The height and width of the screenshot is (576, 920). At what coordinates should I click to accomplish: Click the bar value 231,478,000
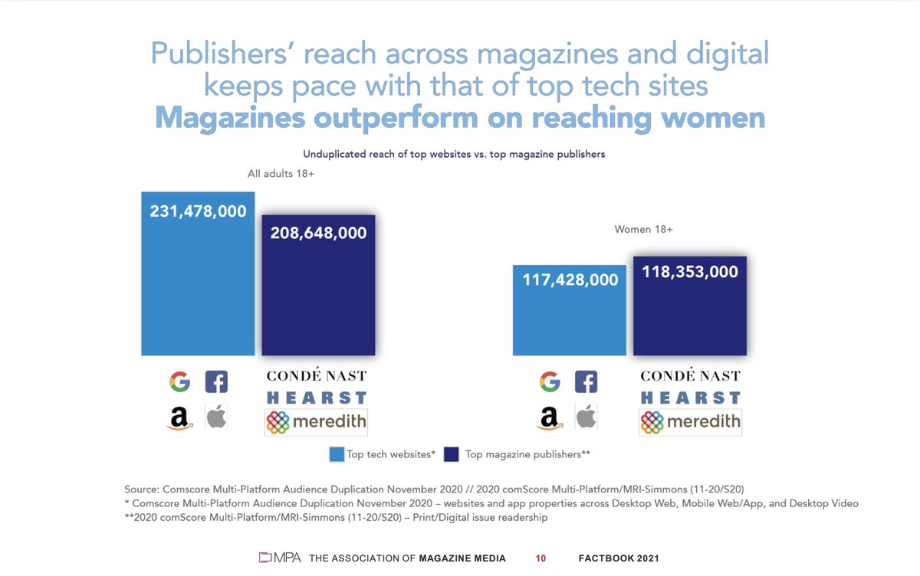(x=198, y=211)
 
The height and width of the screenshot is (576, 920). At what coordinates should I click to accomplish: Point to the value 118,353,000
(x=689, y=272)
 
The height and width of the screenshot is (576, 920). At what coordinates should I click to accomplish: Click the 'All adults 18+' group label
(x=281, y=174)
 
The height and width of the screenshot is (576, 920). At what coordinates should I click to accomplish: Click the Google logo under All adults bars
(x=179, y=381)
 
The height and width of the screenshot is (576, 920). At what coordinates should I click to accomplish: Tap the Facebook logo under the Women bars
(x=586, y=381)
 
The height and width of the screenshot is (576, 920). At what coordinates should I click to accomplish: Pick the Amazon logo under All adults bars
(x=179, y=418)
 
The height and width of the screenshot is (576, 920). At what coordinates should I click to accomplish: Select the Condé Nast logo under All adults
(x=316, y=376)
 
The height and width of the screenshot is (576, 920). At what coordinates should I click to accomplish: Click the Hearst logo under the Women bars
(x=691, y=398)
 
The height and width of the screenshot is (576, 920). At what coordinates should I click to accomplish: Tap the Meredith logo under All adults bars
(x=316, y=422)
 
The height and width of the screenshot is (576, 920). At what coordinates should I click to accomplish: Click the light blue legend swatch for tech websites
(x=337, y=454)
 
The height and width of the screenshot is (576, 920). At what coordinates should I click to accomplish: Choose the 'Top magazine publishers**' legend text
(x=527, y=454)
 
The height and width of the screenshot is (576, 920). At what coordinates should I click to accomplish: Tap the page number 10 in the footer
(x=540, y=558)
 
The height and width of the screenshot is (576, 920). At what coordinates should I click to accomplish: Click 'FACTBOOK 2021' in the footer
(x=618, y=558)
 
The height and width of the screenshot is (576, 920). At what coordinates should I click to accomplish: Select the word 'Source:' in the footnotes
(x=142, y=489)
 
